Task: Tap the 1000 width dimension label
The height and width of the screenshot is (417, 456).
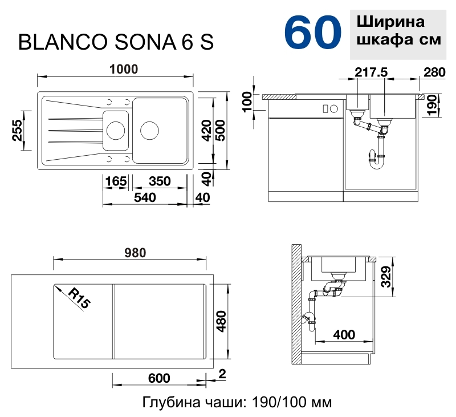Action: tap(124, 69)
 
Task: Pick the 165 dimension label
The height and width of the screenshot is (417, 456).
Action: tap(116, 181)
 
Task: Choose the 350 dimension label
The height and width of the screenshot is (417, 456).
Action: tap(160, 181)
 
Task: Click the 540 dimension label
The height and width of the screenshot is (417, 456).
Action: tap(145, 197)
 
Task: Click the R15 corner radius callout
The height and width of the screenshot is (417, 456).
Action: tap(79, 299)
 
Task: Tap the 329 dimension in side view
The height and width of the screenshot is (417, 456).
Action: tap(386, 278)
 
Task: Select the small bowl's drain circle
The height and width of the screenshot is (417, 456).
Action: tap(115, 130)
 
